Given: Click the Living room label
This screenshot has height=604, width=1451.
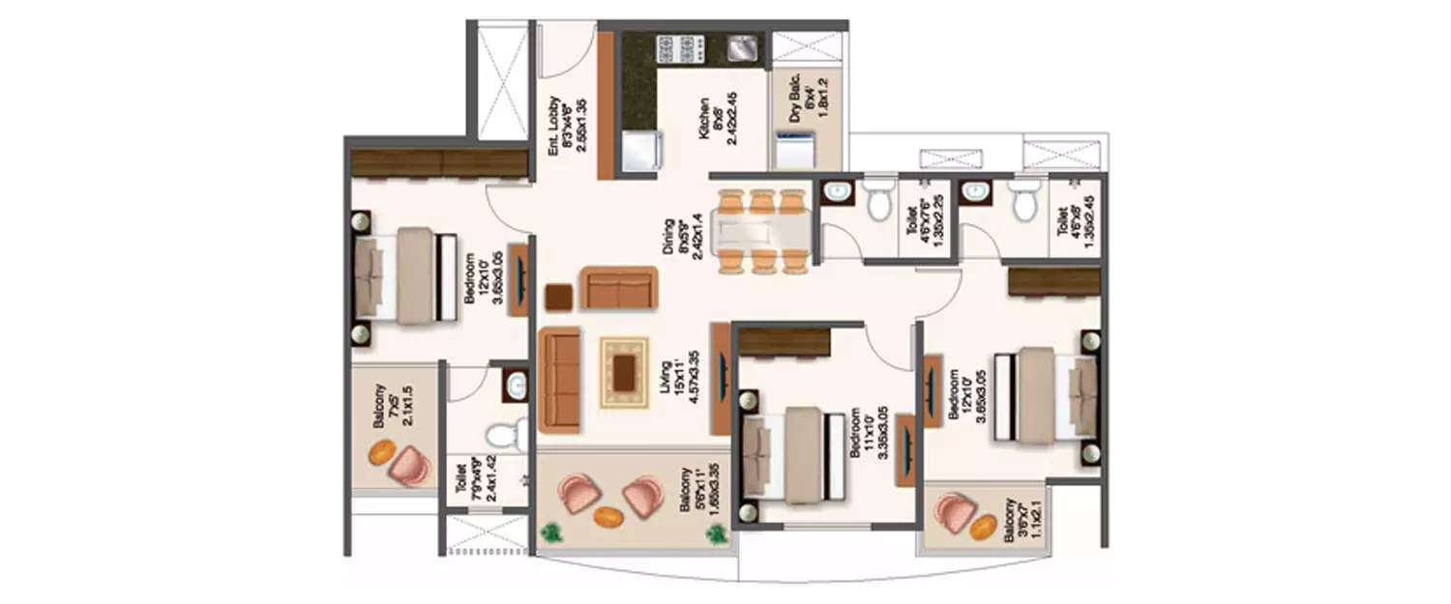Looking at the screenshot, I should pos(679,379).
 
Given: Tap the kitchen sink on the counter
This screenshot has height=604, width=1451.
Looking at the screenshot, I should pos(742,45).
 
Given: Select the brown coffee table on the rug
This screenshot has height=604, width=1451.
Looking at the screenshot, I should pos(625,372).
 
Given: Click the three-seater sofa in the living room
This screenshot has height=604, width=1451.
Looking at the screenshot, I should pos(558,379).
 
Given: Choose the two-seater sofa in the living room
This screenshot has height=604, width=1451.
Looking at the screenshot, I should pos(618,287).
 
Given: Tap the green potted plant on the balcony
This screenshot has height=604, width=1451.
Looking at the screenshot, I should pos(553,532).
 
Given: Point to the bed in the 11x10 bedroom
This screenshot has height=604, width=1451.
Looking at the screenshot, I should pos(787,454).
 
